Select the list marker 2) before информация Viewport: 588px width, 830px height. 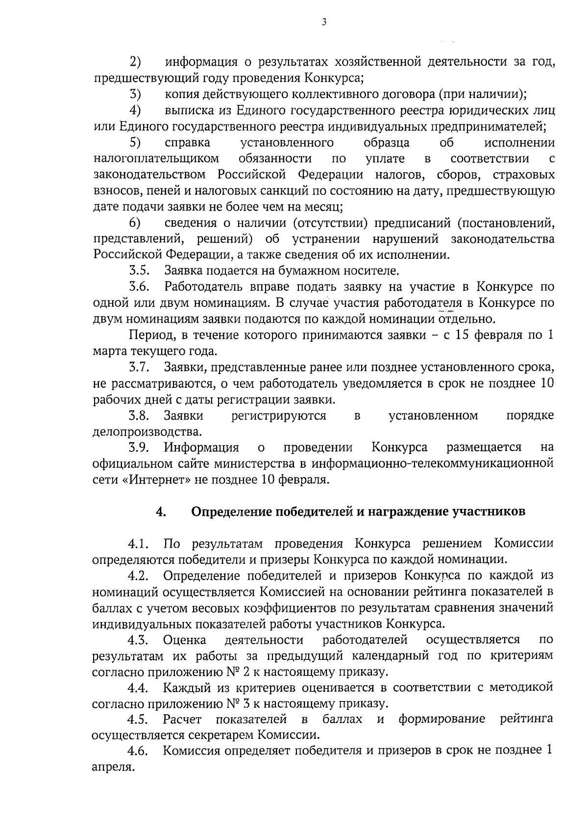coord(135,62)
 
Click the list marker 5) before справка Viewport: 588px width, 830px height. coord(135,143)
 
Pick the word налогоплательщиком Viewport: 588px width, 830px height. coord(156,159)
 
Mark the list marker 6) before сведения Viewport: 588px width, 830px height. coord(135,223)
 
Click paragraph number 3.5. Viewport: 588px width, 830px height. coord(139,271)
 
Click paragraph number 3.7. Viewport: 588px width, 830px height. coord(139,367)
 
